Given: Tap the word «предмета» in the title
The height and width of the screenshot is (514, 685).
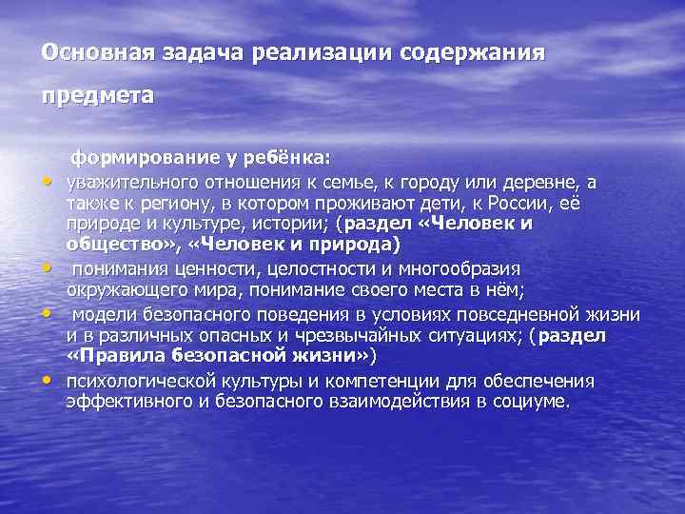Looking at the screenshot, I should click(97, 96).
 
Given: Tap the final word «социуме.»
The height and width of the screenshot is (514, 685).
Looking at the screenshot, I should click(530, 402).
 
